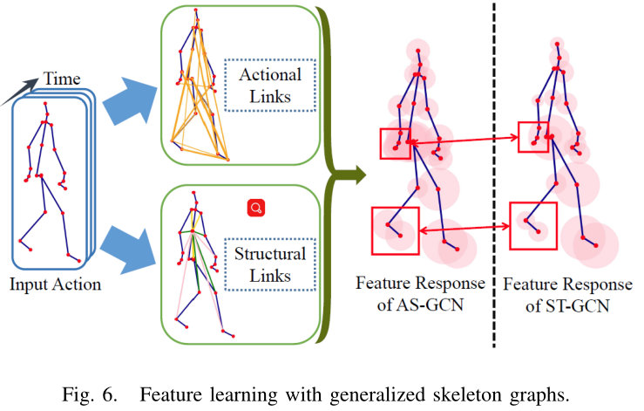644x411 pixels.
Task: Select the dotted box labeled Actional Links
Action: click(x=269, y=86)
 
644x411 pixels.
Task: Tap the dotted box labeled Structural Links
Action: click(x=269, y=264)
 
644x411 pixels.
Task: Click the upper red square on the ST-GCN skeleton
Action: click(x=534, y=138)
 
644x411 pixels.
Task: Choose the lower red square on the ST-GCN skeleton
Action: click(x=533, y=225)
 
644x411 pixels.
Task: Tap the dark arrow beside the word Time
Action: click(x=21, y=92)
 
